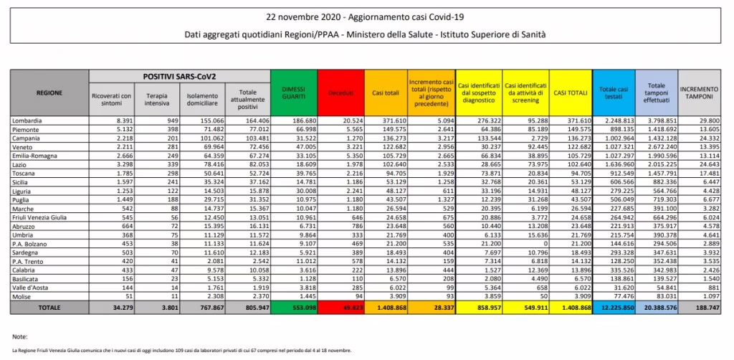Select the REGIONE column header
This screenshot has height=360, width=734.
point(49,93)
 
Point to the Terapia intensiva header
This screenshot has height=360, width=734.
point(156,99)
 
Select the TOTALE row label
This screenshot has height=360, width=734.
point(49,307)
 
